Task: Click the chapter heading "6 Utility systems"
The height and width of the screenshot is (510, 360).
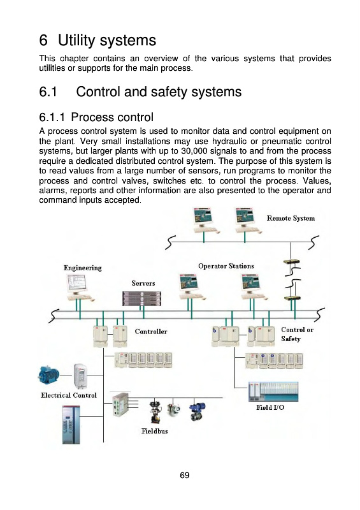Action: point(97,40)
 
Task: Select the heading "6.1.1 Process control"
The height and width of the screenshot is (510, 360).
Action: point(96,117)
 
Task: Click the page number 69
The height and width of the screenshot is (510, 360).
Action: point(184,475)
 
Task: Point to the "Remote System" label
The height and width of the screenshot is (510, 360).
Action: point(291,218)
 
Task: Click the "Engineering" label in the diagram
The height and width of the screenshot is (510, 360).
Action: point(83,268)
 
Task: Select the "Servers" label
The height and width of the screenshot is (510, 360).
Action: point(143,283)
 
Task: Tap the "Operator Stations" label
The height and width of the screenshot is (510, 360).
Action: point(226,266)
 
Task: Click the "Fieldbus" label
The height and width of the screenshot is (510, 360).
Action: point(154,432)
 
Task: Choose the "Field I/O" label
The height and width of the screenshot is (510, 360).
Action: point(270,407)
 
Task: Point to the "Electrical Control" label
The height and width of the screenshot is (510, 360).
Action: point(69,395)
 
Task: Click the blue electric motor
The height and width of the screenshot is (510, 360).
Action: point(49,375)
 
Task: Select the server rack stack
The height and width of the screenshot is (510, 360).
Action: point(142,298)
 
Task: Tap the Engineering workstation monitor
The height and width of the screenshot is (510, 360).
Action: point(77,282)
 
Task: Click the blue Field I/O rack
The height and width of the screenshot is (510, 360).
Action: point(273,391)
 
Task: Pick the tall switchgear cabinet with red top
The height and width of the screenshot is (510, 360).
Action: point(71,425)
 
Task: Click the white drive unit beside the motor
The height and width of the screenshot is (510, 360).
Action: point(80,375)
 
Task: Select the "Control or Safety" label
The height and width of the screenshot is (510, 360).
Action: point(297,334)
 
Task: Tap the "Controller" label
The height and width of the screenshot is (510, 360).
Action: point(151,331)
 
